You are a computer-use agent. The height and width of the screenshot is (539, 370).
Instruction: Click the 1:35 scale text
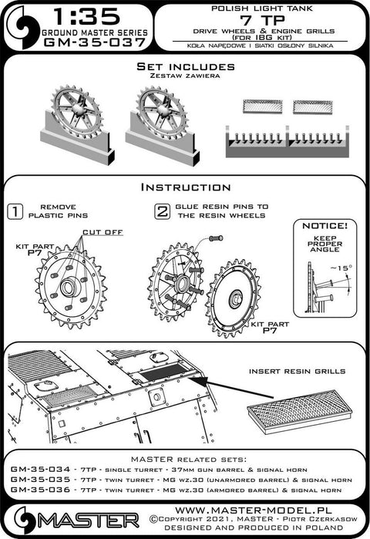tap(87, 16)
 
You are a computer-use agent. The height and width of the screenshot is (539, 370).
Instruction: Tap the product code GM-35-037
tap(95, 42)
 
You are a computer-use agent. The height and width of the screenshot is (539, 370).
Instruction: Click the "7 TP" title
tap(263, 21)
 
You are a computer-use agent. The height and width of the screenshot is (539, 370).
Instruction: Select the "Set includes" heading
tap(186, 66)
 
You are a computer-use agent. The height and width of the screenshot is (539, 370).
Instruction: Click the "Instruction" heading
tap(186, 187)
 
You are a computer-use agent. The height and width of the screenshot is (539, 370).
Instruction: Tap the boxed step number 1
tap(15, 211)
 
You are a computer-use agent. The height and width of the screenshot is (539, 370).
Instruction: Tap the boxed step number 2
tap(162, 211)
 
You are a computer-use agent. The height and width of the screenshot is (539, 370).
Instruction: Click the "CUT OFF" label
tap(103, 232)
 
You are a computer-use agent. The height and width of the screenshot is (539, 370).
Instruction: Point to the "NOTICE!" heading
tap(325, 226)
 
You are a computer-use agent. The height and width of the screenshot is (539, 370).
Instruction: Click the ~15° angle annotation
tap(341, 268)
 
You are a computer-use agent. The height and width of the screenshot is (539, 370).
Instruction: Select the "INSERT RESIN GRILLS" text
tap(298, 371)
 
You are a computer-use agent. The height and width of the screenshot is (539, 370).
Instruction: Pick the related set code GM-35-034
tap(40, 470)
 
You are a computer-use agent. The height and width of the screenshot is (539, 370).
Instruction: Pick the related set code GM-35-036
tap(40, 490)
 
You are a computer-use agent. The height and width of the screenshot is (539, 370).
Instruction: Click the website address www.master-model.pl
tap(254, 510)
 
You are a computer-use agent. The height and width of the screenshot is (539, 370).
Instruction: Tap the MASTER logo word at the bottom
tap(89, 520)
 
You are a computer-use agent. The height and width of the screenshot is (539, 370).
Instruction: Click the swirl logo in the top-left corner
tap(22, 28)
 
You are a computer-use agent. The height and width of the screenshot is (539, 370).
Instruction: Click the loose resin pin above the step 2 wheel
tap(216, 237)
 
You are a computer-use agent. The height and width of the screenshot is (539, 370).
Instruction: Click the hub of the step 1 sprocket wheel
tap(69, 287)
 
